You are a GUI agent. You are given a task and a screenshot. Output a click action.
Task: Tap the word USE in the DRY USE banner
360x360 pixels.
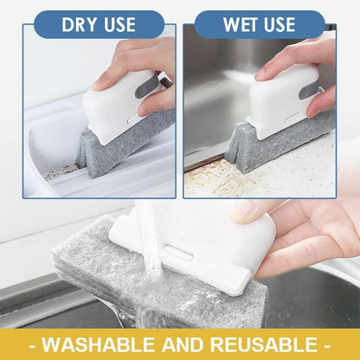point(120,24)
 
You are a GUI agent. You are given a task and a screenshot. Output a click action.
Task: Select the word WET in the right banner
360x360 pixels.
point(241,24)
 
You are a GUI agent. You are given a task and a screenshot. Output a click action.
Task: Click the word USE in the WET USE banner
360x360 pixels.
point(280,24)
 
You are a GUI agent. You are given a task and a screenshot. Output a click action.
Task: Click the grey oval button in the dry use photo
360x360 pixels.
point(146,86)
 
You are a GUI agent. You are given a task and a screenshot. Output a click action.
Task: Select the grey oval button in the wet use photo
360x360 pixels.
point(308,89)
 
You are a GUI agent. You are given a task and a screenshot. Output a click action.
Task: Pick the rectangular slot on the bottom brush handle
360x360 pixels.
point(177,251)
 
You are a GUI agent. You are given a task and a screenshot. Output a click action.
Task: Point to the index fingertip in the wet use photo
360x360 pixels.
point(262,74)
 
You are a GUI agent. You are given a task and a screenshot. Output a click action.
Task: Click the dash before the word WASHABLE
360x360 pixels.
point(33,344)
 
